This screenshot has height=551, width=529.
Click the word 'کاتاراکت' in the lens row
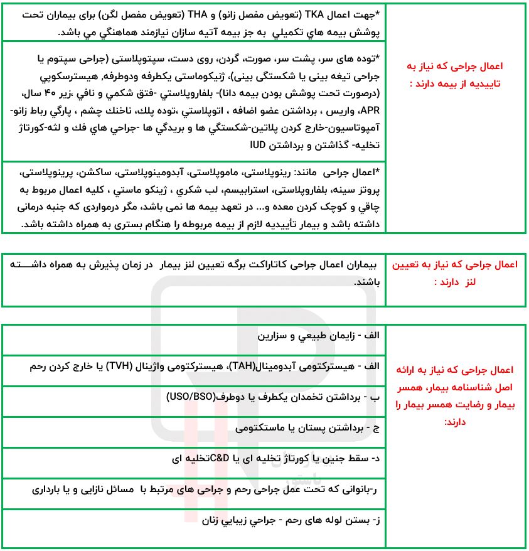click(267, 265)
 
